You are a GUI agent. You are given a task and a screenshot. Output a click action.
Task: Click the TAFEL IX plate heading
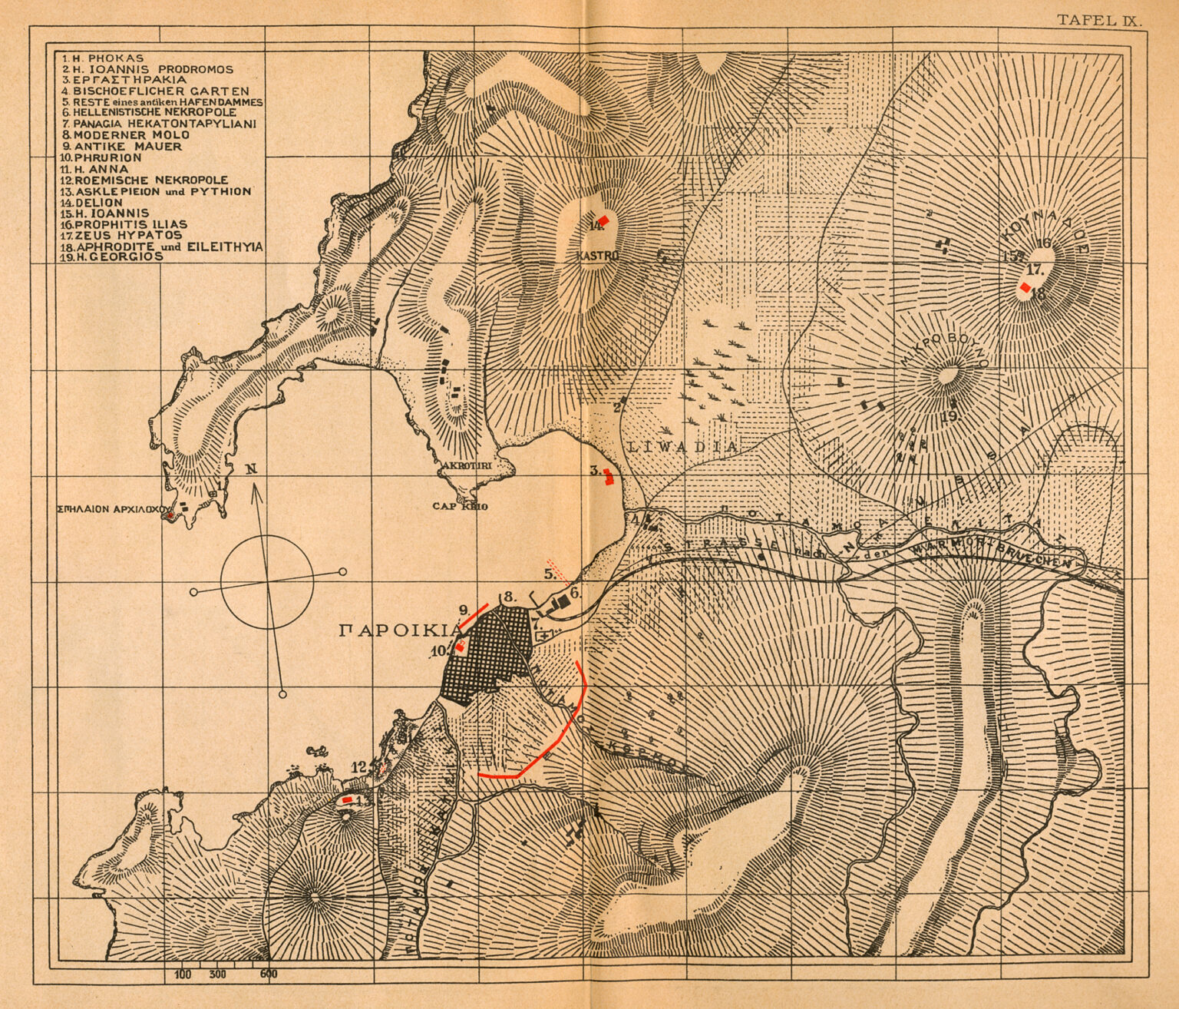1099,21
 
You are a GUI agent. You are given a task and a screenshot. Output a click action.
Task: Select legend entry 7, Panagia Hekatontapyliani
159,124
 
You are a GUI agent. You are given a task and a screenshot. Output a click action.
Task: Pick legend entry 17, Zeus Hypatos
123,235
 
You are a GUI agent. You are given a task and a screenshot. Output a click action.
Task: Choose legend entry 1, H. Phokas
103,58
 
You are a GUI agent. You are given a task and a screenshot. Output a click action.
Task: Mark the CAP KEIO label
460,507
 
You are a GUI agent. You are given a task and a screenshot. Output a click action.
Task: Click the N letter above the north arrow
251,470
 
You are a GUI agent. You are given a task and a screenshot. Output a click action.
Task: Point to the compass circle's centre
267,582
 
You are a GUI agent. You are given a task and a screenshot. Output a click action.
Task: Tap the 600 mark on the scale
268,975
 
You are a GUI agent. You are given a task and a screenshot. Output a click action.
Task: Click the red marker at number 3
608,478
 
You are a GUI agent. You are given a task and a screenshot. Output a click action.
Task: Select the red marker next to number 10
460,647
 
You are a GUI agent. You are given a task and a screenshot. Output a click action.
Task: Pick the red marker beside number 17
1024,287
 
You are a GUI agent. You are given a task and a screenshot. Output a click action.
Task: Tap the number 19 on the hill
949,416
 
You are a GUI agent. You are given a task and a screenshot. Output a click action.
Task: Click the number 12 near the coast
358,766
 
